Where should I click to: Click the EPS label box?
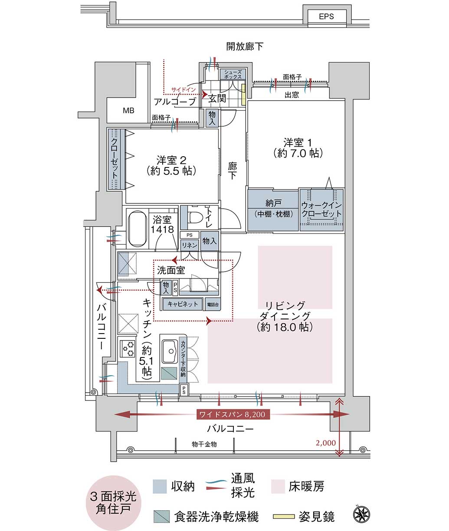tap(326, 16)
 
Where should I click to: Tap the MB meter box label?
tap(128, 111)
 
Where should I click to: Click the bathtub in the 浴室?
tap(138, 229)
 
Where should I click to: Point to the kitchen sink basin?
tap(170, 351)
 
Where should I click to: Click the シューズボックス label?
tap(233, 74)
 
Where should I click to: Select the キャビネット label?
tap(183, 304)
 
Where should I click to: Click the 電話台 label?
tap(213, 305)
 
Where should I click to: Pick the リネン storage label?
tap(190, 246)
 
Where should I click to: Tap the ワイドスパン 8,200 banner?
tap(233, 414)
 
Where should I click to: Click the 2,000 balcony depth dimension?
tap(326, 443)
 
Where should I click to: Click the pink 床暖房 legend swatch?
tap(278, 486)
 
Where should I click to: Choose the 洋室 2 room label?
tap(171, 165)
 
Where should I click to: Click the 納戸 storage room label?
tap(273, 203)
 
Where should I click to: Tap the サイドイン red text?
tap(184, 90)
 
